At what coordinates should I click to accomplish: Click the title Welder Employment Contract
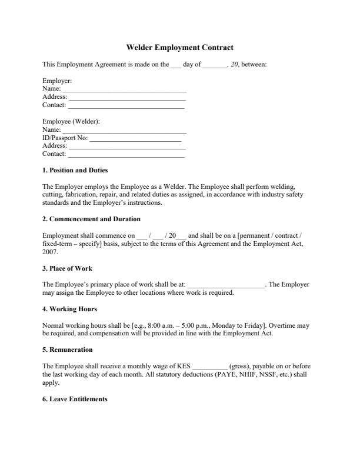[180, 48]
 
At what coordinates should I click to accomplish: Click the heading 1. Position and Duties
[75, 170]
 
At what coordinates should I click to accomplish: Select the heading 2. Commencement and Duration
[91, 219]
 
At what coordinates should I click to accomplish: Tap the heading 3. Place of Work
[67, 268]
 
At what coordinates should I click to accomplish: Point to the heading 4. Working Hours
[69, 309]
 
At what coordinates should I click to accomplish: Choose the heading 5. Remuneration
[68, 349]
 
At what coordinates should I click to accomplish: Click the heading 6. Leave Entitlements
[75, 399]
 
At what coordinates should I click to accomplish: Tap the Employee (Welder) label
[71, 121]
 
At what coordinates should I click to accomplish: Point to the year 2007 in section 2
[50, 251]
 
